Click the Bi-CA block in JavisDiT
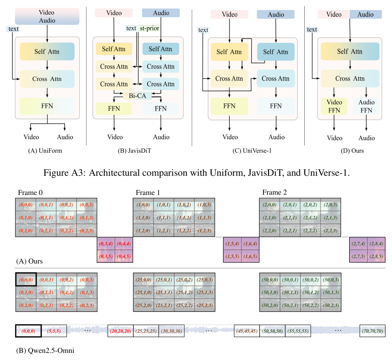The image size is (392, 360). (137, 96)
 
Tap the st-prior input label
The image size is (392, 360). (149, 28)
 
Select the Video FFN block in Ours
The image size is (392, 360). (334, 106)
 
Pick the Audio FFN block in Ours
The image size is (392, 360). (366, 106)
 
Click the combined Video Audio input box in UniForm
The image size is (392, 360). (47, 17)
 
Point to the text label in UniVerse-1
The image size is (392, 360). (203, 30)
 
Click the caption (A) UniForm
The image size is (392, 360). (45, 151)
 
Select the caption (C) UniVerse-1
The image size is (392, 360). (252, 151)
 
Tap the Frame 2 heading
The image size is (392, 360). (274, 192)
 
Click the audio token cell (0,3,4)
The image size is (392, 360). (106, 244)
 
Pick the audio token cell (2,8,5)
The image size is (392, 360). (376, 256)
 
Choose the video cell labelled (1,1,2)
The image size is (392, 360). (184, 218)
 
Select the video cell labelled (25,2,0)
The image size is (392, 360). (143, 305)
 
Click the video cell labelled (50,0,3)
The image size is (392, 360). (331, 280)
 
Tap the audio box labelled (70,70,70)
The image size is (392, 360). (373, 331)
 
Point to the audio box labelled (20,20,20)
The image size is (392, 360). (120, 331)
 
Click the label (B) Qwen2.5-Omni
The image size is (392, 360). (45, 350)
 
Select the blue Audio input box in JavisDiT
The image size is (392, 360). (161, 13)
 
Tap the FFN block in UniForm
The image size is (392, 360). (47, 106)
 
